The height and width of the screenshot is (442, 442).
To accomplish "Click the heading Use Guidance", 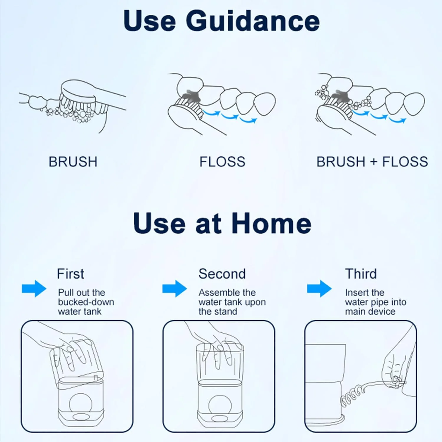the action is coord(222,21).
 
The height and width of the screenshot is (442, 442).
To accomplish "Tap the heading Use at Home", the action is coord(222,223).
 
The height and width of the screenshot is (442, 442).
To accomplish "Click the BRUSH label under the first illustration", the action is coord(73,162).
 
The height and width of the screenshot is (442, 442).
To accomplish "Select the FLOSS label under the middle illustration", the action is coord(222,162).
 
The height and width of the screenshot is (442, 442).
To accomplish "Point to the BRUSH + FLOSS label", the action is coord(372,162).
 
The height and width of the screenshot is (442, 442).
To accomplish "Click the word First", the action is coord(70,274).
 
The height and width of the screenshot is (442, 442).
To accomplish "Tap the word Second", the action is coord(222,274).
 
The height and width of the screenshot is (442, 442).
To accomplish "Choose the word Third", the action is coord(361,274).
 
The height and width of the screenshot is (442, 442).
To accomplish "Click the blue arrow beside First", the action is coord(34,288).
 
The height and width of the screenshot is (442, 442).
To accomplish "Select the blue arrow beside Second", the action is coord(175,288).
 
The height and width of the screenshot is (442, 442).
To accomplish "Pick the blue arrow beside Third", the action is coord(319,288).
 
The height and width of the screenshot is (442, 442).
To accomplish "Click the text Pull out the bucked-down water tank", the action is coord(86,302).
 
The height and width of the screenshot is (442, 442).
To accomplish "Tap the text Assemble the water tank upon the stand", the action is coord(232,302).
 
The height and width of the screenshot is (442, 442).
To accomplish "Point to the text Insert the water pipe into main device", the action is coord(376,302).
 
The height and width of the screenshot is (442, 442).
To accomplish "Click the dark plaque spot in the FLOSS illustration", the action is coord(191,95).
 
